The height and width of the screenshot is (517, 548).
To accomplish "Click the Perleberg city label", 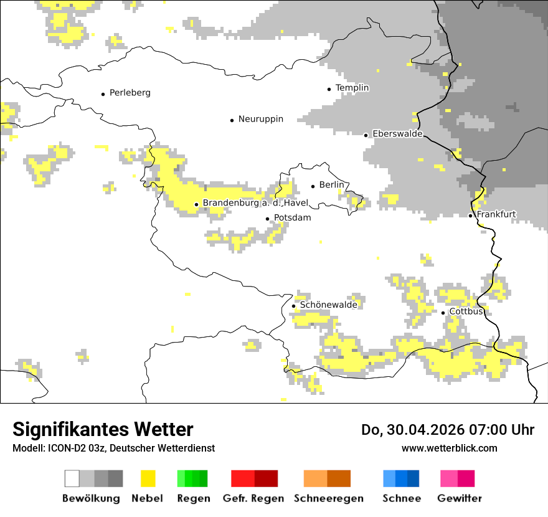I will (130, 93).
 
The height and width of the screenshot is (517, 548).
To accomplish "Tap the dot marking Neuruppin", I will (232, 120).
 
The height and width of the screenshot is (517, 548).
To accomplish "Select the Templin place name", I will (352, 88).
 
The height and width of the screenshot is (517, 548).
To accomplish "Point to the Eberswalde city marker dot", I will (366, 135).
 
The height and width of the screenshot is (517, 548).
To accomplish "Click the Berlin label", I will (331, 185).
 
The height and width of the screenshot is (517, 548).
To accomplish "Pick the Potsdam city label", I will (292, 218).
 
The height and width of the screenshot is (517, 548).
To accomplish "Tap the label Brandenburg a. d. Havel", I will (255, 203).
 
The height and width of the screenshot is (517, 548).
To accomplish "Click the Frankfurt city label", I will (496, 214).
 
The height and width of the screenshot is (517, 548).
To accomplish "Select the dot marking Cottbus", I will (443, 313).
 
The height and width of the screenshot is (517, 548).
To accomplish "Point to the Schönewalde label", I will (328, 305).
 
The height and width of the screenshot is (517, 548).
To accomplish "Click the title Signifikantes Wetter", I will (103, 430).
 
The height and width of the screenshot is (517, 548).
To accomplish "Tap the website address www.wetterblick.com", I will (449, 448).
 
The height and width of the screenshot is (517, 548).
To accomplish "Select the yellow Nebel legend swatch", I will (148, 478).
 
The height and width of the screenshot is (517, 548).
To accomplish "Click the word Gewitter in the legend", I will (459, 498).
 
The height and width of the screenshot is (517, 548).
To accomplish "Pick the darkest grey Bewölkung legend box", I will (115, 478).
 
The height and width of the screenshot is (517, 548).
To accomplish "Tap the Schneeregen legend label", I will (328, 498).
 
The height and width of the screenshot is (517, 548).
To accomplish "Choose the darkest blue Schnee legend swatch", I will (413, 478).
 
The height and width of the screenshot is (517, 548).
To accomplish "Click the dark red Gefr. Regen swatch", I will (266, 478).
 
